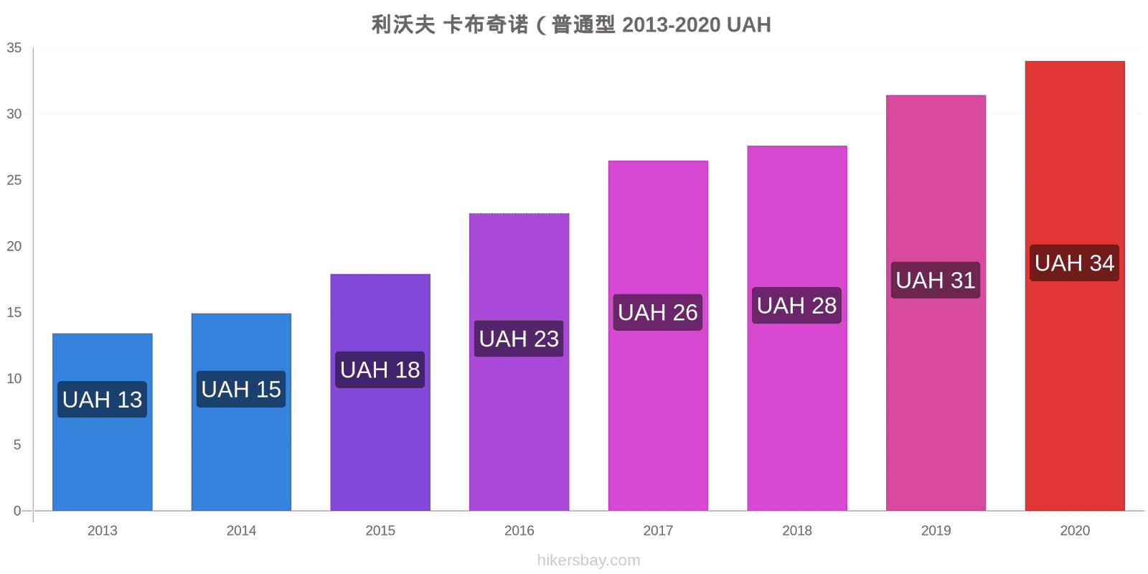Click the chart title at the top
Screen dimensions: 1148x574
[x=571, y=24]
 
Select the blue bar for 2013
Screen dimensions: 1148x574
[x=103, y=422]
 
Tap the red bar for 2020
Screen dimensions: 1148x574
[x=1075, y=286]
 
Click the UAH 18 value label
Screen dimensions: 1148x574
[x=380, y=370]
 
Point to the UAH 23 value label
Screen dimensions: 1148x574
[x=519, y=339]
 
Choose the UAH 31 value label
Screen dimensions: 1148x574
[x=936, y=281]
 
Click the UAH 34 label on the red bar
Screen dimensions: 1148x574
[x=1074, y=263]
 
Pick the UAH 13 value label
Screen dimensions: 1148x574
[x=102, y=399]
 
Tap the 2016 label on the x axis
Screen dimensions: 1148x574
[x=519, y=530]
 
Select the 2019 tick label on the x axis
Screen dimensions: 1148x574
[x=936, y=530]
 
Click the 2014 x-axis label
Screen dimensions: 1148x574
[x=241, y=530]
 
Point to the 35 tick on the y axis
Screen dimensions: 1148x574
[x=14, y=47]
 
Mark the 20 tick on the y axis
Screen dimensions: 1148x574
[x=14, y=246]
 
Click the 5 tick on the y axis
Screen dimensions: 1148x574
[x=17, y=444]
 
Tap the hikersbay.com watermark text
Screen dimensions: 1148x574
[x=589, y=560]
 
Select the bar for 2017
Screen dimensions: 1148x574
[x=658, y=336]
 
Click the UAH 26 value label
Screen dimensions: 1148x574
[x=657, y=312]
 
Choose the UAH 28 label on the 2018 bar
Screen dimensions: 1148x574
[x=796, y=306]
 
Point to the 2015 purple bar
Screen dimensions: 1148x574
[x=380, y=392]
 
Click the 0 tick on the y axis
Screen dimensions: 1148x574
[x=17, y=510]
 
